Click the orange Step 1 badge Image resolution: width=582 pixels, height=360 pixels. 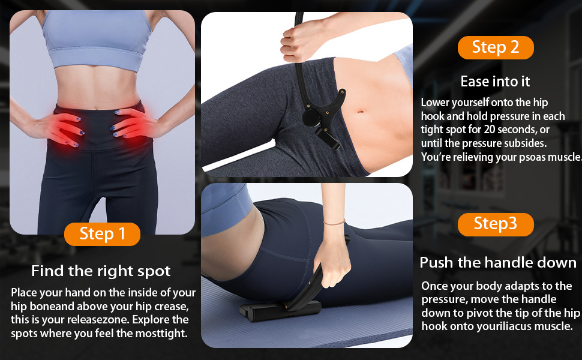click(x=102, y=234)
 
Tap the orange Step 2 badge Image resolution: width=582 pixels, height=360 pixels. click(x=496, y=47)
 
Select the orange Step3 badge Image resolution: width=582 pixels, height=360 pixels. click(x=496, y=224)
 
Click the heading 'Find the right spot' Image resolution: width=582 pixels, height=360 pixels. click(x=101, y=271)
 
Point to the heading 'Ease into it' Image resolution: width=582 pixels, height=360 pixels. click(x=496, y=81)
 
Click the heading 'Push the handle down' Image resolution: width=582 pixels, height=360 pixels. click(x=498, y=262)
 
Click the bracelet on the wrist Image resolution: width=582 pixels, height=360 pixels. click(x=334, y=223)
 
